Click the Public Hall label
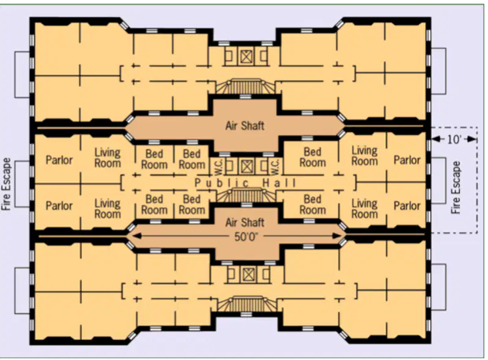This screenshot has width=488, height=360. [x=246, y=183]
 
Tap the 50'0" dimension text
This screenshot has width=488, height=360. [x=246, y=237]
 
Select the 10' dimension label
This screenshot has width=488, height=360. [x=454, y=140]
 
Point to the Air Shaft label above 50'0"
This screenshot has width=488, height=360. [x=245, y=222]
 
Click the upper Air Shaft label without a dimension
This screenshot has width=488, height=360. [x=245, y=126]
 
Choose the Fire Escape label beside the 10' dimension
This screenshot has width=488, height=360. [x=456, y=187]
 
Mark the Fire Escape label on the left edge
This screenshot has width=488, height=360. [x=7, y=184]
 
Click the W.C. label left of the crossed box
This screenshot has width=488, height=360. [x=218, y=166]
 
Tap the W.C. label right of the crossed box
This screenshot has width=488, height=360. [x=275, y=166]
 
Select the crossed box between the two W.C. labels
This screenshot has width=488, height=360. [x=246, y=166]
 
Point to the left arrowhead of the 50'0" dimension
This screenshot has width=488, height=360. [x=136, y=236]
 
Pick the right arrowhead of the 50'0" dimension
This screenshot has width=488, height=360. [x=337, y=236]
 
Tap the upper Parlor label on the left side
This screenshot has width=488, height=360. [x=59, y=160]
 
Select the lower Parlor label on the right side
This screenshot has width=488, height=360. [x=407, y=205]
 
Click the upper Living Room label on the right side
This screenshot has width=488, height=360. [x=364, y=156]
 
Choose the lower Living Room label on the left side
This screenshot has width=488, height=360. [x=108, y=209]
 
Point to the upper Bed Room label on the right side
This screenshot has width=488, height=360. [x=312, y=157]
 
